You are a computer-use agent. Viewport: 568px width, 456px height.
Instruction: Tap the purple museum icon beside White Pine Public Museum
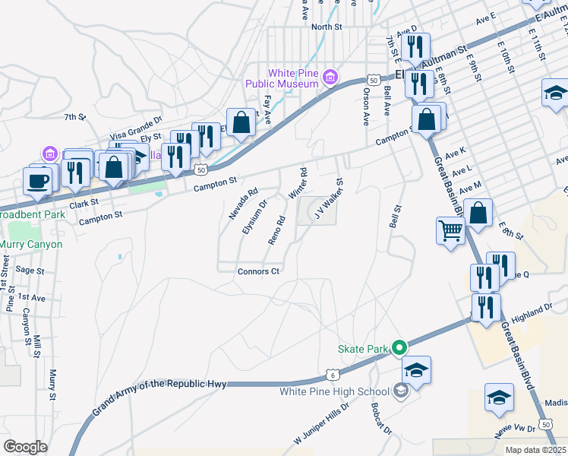click(330, 78)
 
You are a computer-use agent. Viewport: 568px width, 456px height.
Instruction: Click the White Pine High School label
click(334, 392)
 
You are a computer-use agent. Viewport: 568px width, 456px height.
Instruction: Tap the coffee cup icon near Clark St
click(37, 181)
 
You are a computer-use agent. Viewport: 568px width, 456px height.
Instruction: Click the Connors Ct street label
click(259, 271)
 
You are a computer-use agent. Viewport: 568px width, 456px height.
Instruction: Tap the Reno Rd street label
click(276, 230)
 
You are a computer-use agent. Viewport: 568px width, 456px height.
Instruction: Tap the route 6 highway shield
click(332, 374)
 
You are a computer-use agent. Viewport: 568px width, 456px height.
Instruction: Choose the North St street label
click(327, 27)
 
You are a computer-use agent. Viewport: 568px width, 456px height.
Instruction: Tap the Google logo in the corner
click(25, 447)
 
